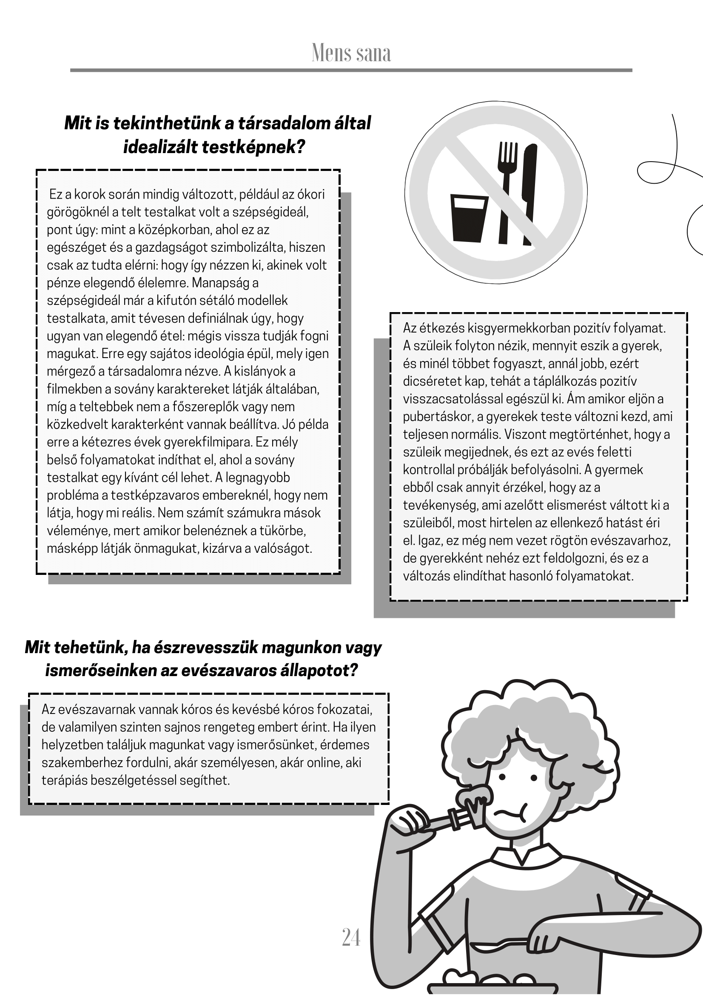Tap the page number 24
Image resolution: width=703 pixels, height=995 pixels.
[x=351, y=938]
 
